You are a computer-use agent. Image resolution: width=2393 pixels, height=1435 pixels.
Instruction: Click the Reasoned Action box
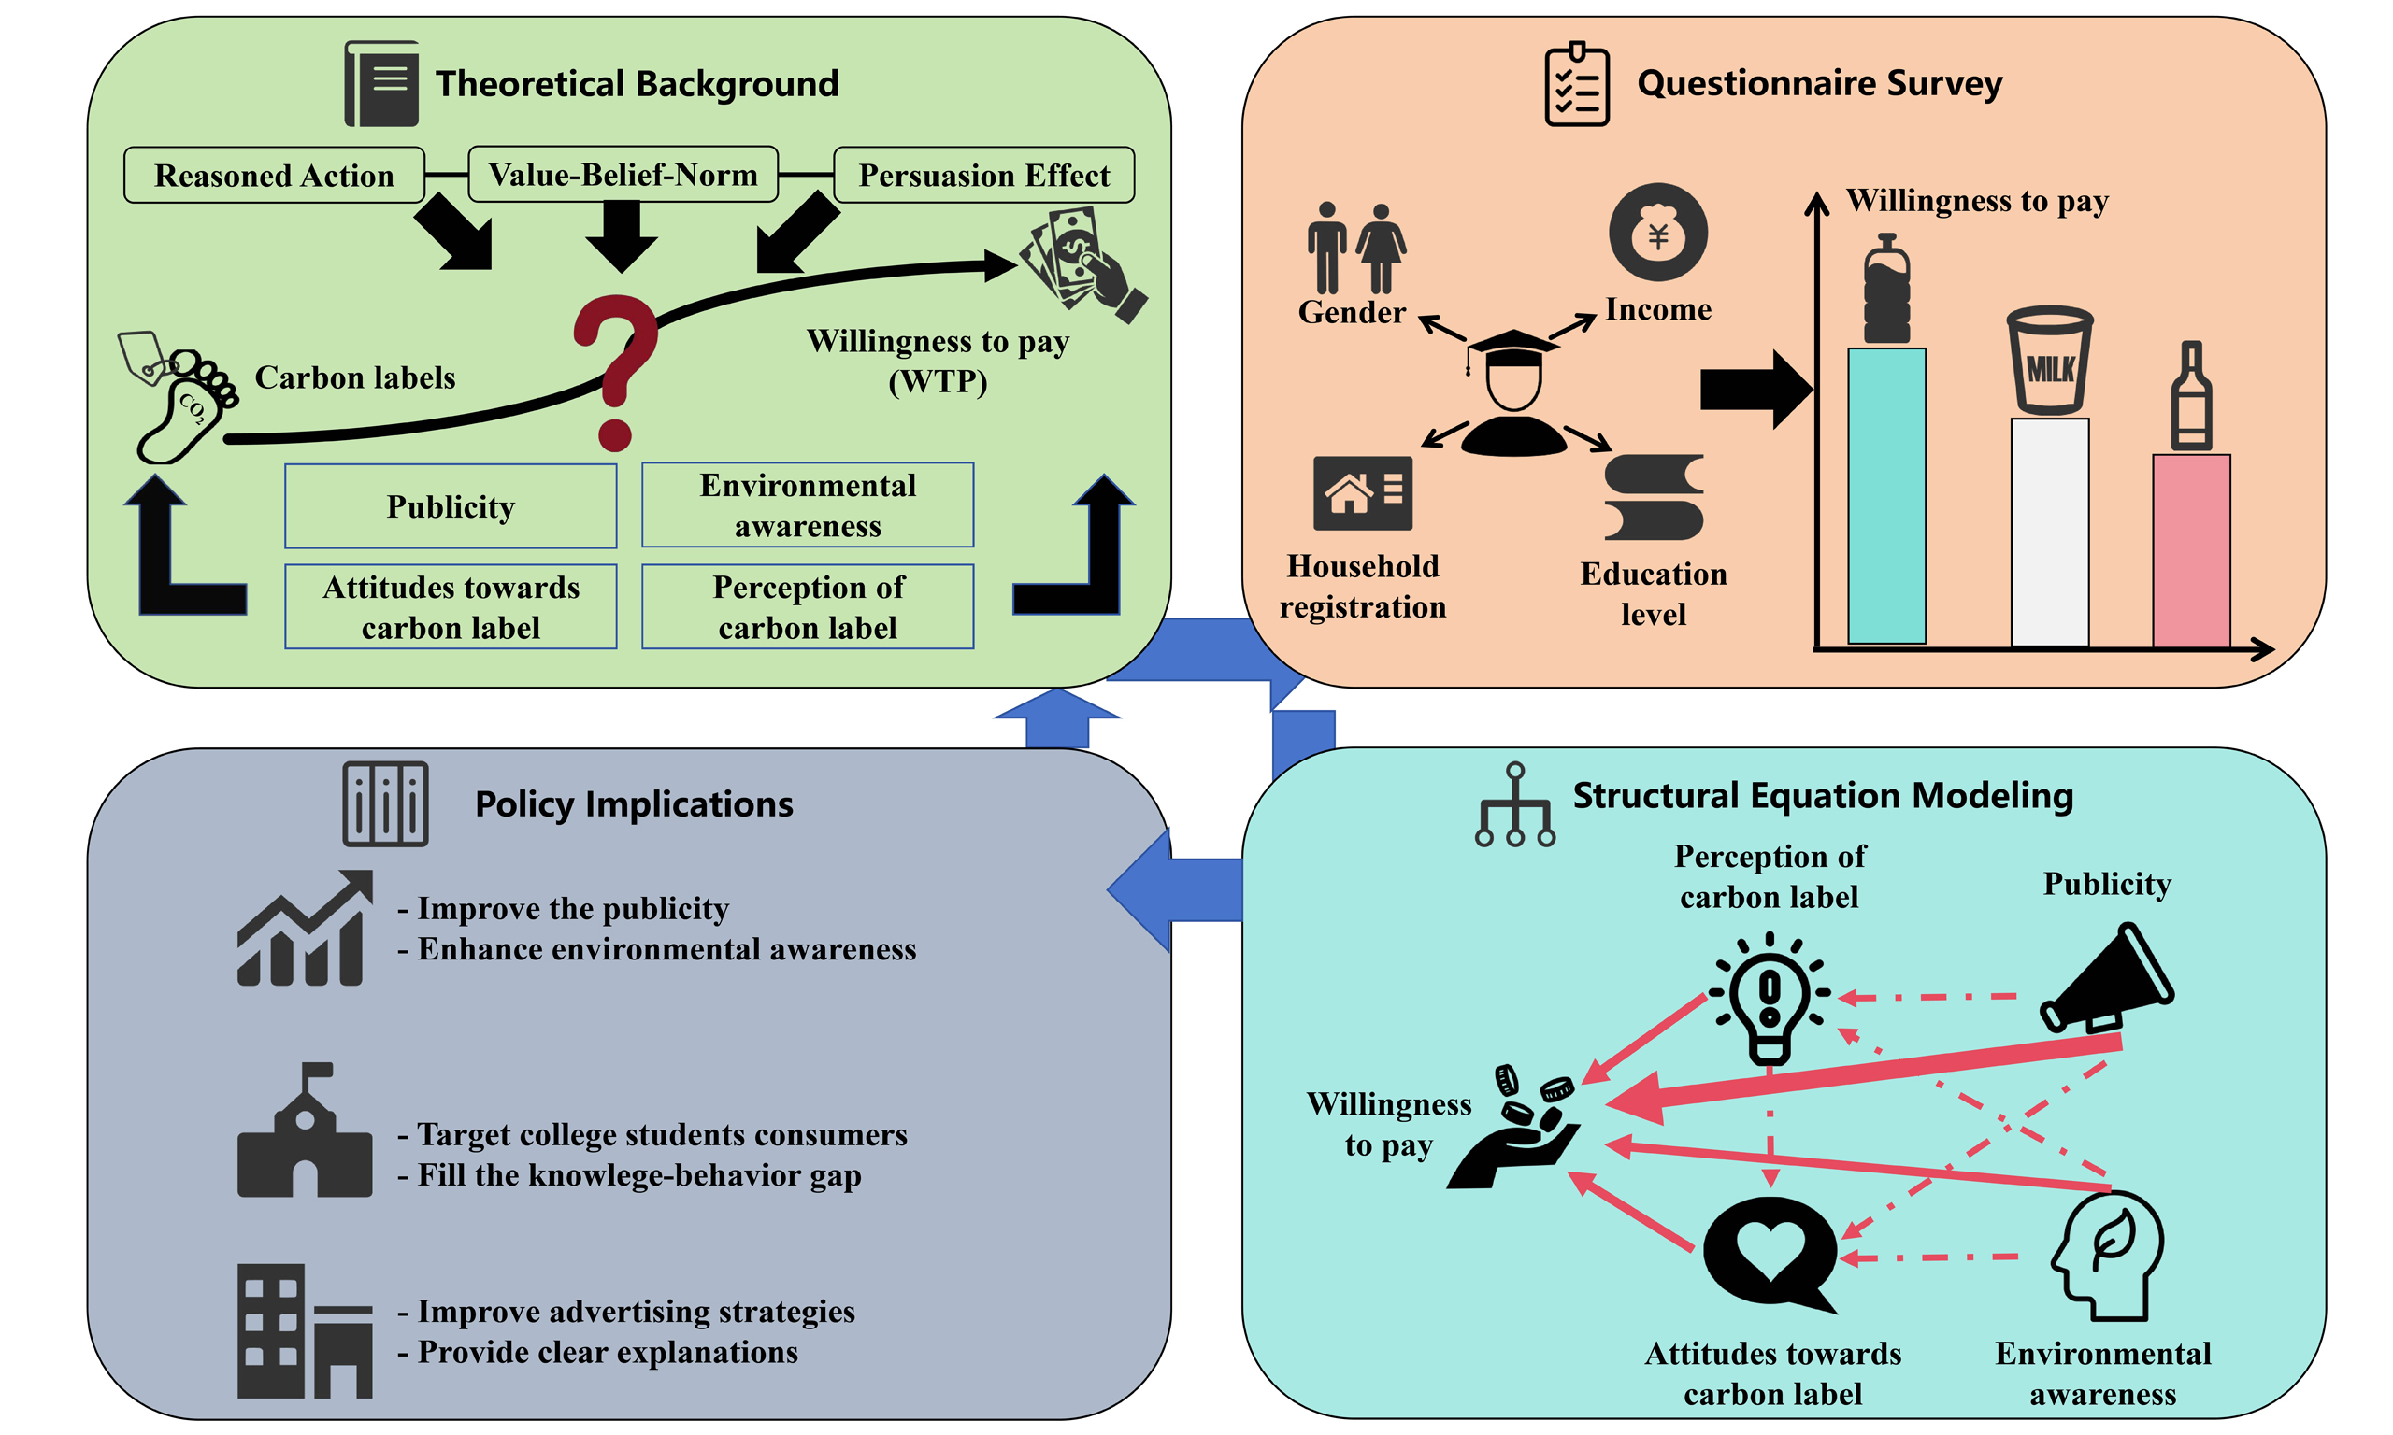point(274,175)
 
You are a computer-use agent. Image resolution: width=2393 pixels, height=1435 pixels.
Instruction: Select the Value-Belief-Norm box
point(622,174)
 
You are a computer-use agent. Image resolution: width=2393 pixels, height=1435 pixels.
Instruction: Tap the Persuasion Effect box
point(982,175)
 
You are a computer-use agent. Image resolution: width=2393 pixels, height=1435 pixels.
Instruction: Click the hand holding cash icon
point(1082,262)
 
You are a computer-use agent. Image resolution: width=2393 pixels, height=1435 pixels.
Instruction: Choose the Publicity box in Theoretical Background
point(451,505)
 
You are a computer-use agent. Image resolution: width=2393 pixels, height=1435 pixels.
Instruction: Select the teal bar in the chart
point(1885,495)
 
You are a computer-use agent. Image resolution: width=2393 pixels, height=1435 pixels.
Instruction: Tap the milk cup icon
point(2049,360)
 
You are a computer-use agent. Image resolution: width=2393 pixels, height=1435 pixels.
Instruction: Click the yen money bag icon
point(1657,232)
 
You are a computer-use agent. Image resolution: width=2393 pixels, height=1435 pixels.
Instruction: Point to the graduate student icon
point(1512,391)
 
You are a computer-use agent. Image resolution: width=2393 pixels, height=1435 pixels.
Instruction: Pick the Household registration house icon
point(1362,493)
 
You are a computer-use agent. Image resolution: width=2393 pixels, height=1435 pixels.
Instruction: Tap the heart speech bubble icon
point(1770,1252)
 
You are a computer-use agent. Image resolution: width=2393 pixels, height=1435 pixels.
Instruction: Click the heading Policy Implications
point(634,803)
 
